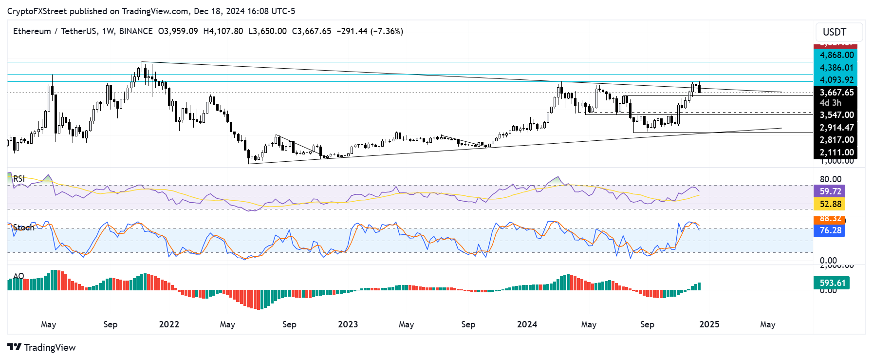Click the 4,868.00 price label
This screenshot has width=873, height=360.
point(836,55)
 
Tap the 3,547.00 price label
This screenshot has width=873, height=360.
point(836,115)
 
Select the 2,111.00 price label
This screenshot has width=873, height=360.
point(836,152)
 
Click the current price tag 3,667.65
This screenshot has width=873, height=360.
point(836,93)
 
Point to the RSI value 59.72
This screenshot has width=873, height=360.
point(830,191)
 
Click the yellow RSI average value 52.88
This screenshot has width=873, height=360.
point(830,204)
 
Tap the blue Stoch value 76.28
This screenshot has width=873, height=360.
point(830,230)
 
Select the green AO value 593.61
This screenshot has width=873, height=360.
point(832,283)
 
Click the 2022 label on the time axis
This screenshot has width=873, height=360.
point(169,324)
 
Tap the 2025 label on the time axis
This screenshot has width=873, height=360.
point(709,324)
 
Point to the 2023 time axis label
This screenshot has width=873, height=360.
point(348,324)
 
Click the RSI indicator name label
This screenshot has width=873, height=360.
point(19,179)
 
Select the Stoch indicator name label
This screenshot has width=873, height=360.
point(23,227)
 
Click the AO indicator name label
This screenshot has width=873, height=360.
point(19,276)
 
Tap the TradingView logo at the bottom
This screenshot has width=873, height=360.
point(42,347)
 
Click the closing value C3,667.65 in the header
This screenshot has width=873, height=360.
point(312,31)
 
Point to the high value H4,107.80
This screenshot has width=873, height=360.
point(223,31)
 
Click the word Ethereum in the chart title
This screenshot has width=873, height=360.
point(32,31)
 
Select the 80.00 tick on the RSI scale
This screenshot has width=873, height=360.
point(830,179)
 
